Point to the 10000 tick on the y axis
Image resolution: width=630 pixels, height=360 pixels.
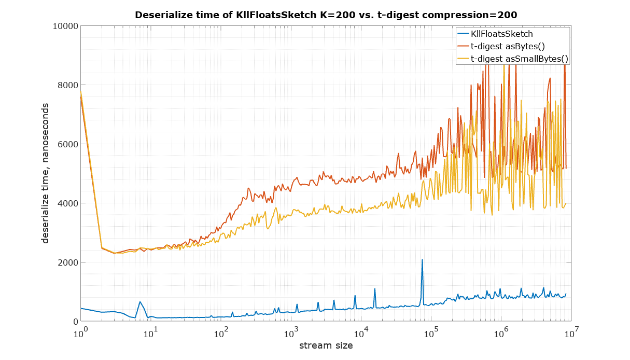(65, 26)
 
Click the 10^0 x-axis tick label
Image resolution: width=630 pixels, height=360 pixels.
(80, 333)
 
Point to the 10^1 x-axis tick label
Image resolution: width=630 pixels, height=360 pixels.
(150, 333)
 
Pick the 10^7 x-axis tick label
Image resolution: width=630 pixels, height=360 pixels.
(572, 333)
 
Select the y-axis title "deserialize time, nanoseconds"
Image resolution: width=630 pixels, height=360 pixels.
(46, 173)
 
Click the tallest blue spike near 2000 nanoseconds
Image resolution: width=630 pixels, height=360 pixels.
(422, 260)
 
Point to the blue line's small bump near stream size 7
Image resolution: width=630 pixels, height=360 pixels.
(140, 302)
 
